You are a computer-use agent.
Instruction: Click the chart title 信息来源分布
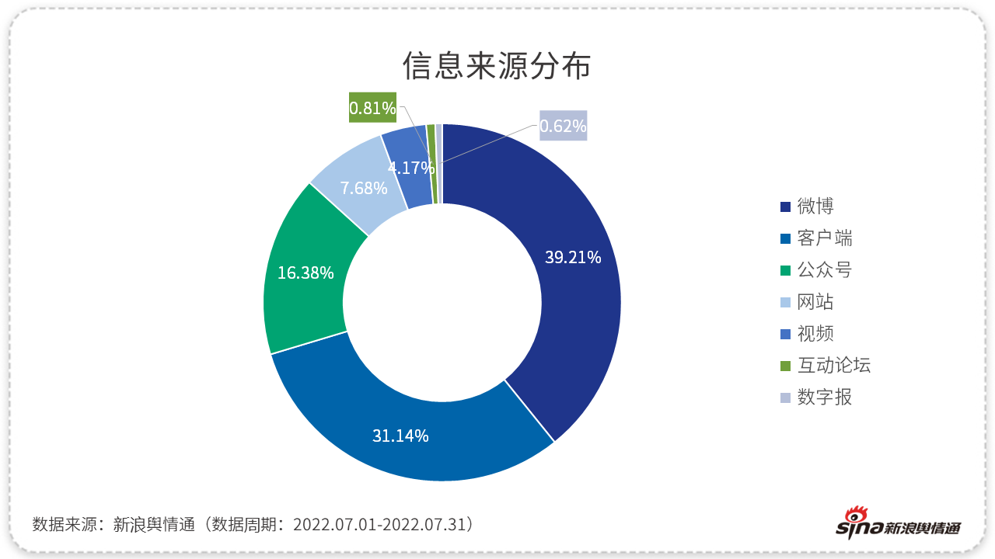pyautogui.click(x=497, y=67)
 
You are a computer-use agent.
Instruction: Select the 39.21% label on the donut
pyautogui.click(x=573, y=258)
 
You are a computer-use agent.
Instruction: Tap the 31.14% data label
pyautogui.click(x=400, y=436)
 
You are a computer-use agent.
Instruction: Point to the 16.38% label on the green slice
pyautogui.click(x=305, y=273)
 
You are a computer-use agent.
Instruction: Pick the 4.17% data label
pyautogui.click(x=410, y=167)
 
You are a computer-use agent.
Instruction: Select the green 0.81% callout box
pyautogui.click(x=372, y=108)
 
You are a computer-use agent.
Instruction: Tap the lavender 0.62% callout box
pyautogui.click(x=563, y=126)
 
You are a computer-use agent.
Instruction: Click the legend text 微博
pyautogui.click(x=815, y=207)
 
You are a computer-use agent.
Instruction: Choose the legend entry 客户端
pyautogui.click(x=825, y=238)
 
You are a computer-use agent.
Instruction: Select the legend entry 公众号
pyautogui.click(x=825, y=270)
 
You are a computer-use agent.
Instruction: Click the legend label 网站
pyautogui.click(x=815, y=302)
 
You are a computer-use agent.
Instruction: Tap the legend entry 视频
pyautogui.click(x=815, y=334)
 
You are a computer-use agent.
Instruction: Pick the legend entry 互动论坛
pyautogui.click(x=834, y=366)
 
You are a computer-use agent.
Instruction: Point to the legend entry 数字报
pyautogui.click(x=825, y=398)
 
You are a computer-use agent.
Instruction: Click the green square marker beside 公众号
pyautogui.click(x=786, y=270)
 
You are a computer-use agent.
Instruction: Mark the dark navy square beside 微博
pyautogui.click(x=786, y=207)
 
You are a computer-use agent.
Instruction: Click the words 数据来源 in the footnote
pyautogui.click(x=65, y=524)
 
